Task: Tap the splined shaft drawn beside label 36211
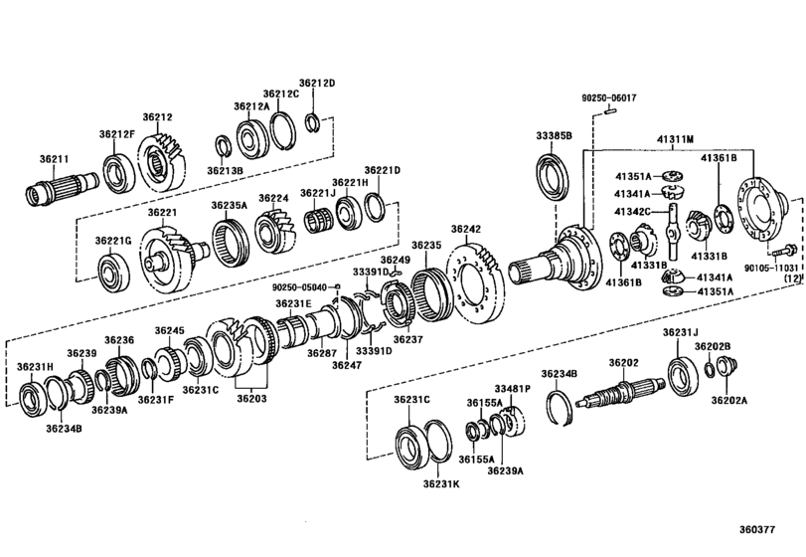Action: click(x=62, y=185)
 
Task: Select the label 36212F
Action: click(x=116, y=134)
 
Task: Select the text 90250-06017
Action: click(x=609, y=97)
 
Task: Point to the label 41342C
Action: click(x=631, y=211)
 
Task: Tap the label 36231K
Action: click(x=441, y=485)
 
